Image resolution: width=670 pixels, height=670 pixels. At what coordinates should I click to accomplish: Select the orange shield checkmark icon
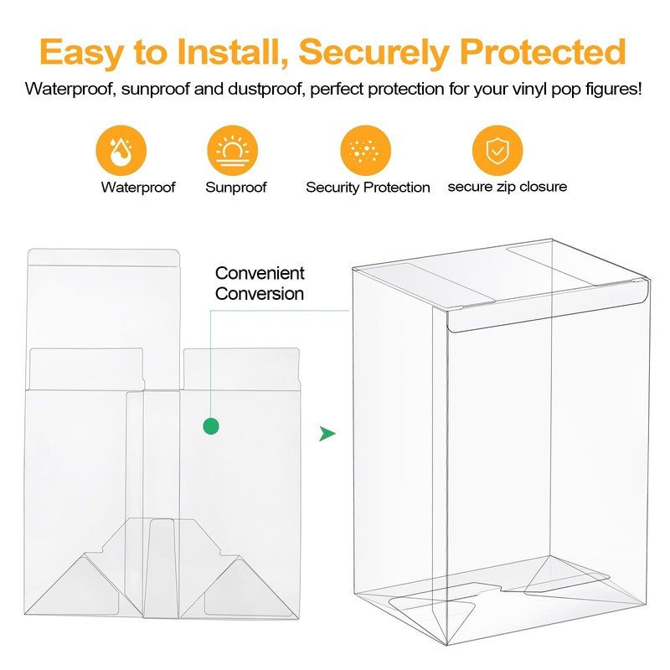[497, 152]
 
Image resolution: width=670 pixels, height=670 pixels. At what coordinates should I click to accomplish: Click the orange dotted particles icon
[366, 152]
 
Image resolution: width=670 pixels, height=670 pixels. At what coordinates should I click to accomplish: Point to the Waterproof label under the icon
[138, 188]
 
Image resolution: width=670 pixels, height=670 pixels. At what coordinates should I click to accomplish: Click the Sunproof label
[236, 188]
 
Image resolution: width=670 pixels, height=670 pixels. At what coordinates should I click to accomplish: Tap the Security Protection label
[368, 188]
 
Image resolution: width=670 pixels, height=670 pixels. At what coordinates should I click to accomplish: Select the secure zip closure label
[507, 187]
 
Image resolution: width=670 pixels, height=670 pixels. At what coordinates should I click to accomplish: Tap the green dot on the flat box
[211, 426]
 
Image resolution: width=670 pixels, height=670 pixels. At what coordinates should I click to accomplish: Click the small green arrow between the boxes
[327, 434]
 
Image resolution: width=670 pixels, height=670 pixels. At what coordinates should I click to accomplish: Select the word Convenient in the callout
[260, 274]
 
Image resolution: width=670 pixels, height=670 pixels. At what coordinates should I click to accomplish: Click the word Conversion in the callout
[260, 294]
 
